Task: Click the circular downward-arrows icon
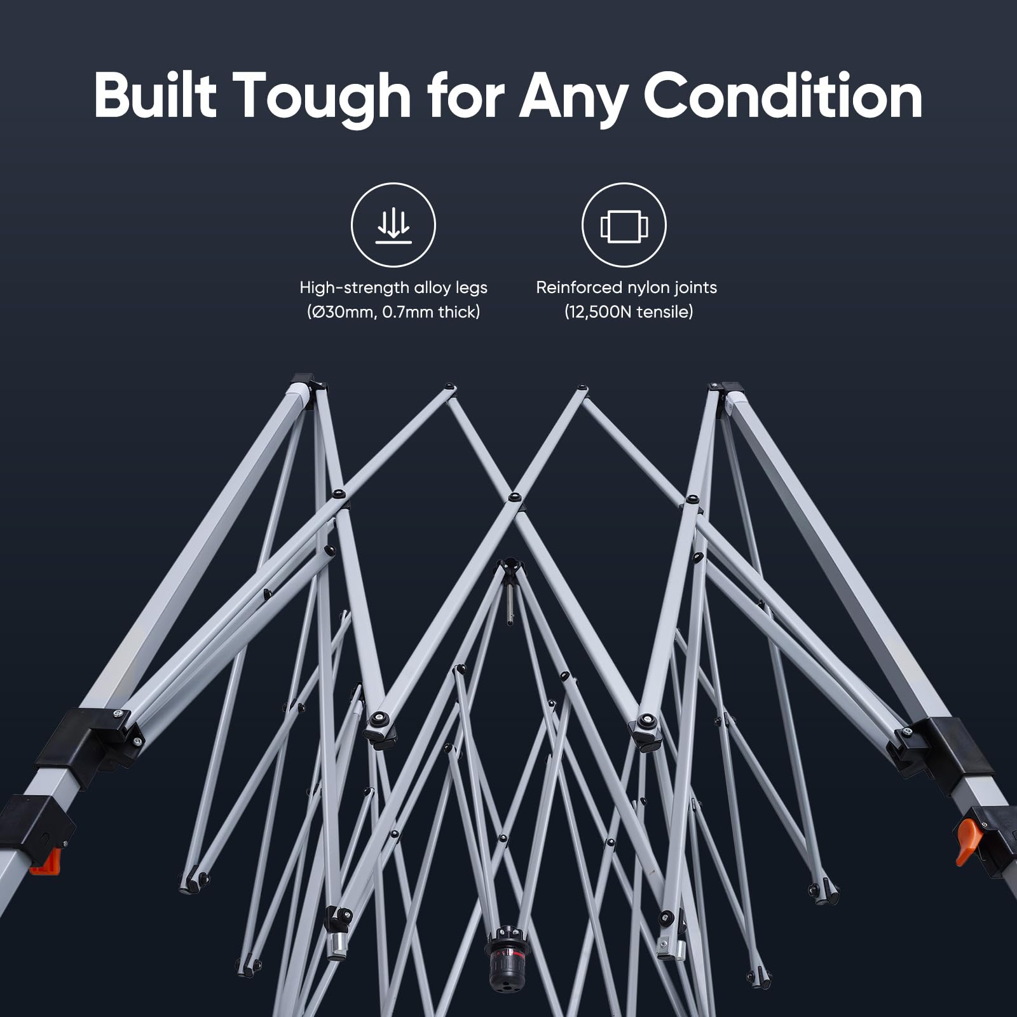393,224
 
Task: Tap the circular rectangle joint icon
624,224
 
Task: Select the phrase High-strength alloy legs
393,288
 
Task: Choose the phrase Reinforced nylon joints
626,288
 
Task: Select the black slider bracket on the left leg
89,745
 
